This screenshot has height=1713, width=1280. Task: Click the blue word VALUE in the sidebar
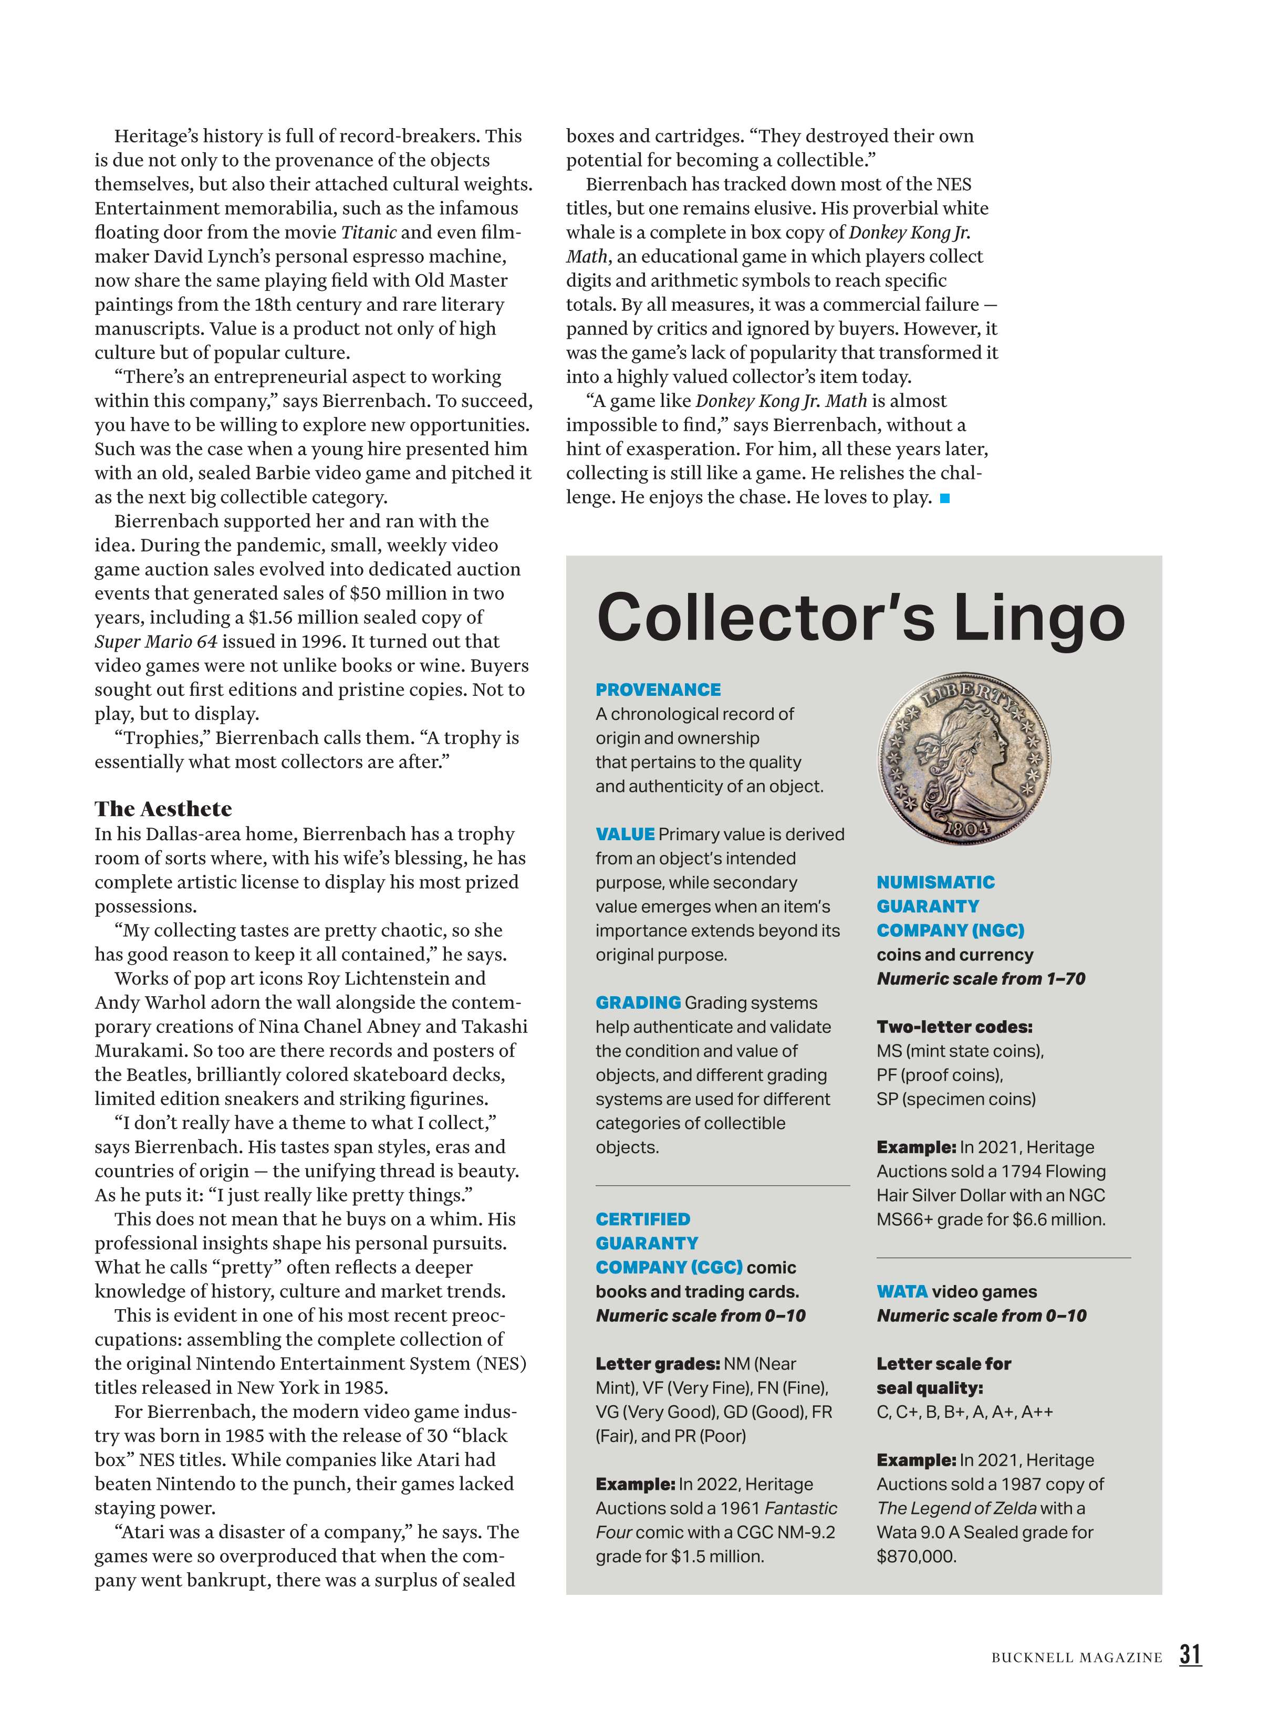625,834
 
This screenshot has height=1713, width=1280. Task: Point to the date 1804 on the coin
966,828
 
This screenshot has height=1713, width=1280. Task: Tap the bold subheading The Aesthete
163,809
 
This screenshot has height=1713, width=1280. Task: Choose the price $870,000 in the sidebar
916,1556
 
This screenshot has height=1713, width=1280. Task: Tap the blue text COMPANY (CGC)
668,1267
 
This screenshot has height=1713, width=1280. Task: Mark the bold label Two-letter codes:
954,1027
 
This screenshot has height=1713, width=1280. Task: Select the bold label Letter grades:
657,1364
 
